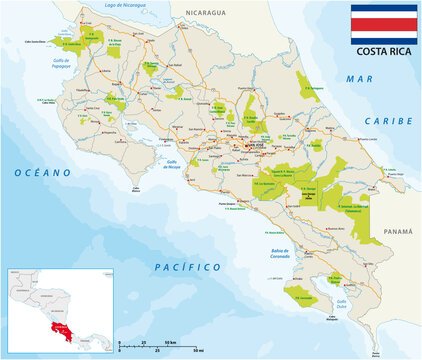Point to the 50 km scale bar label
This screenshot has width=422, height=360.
pyautogui.click(x=199, y=351)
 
